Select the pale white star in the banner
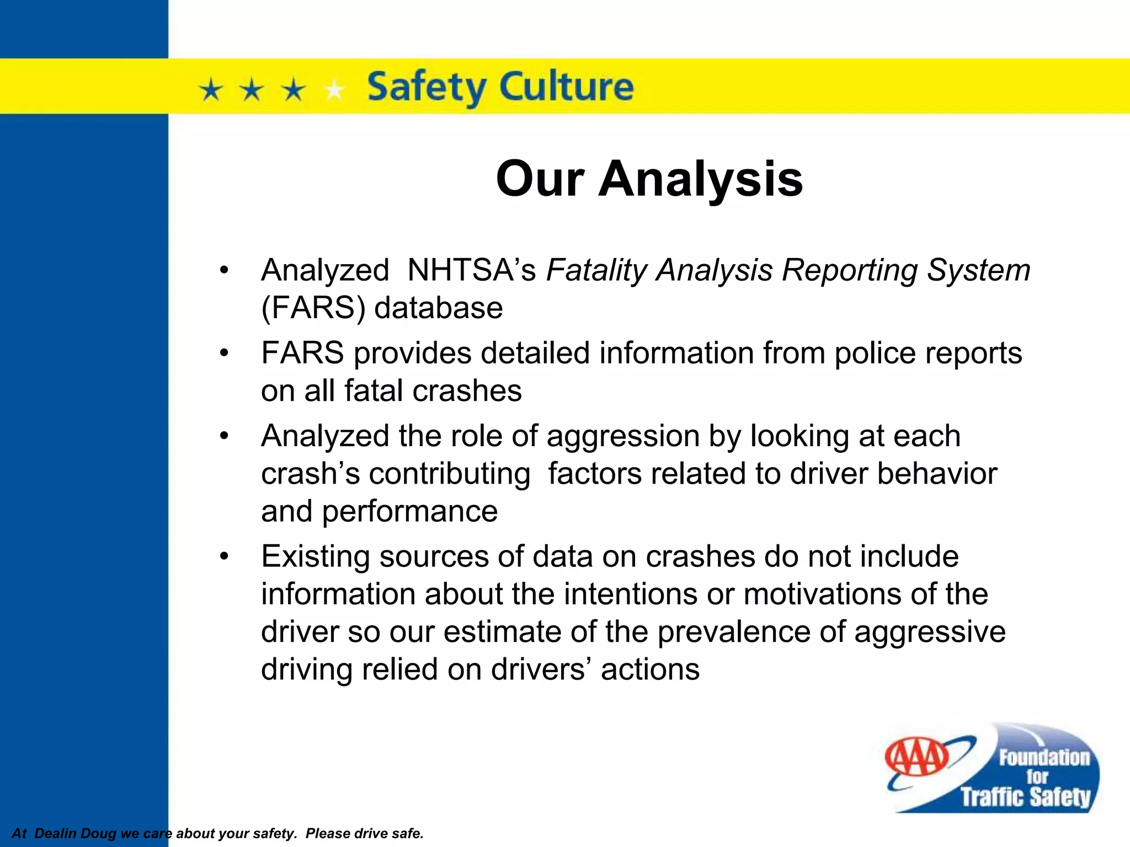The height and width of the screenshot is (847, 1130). (x=334, y=89)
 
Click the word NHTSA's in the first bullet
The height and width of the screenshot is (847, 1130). (x=471, y=270)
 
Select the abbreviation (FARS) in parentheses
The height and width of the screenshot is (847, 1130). (x=313, y=308)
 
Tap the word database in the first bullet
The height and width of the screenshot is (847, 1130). (x=439, y=308)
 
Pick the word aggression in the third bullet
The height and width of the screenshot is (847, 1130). (x=622, y=436)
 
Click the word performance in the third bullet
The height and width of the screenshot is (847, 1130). (x=409, y=511)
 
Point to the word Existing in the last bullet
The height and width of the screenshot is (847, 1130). (x=315, y=556)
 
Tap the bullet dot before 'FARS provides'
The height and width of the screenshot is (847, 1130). (x=223, y=353)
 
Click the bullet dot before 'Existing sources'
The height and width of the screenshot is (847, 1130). (x=223, y=556)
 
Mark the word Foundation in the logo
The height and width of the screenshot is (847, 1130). (x=1044, y=758)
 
